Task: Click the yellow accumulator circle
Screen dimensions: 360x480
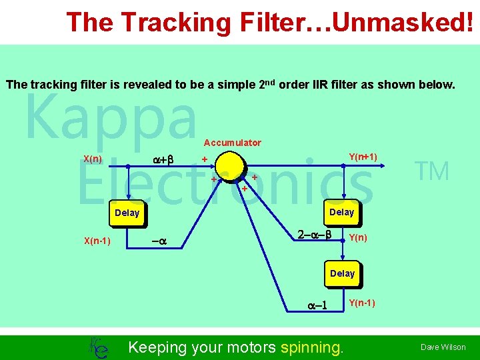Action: coord(226,167)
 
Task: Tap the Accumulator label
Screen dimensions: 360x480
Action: coord(233,143)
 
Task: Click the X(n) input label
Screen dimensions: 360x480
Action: coord(93,159)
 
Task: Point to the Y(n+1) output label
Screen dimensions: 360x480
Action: coord(363,157)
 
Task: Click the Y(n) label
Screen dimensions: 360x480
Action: coord(358,238)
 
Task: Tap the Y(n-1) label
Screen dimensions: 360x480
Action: coord(362,303)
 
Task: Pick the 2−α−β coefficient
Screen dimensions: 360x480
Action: coord(315,235)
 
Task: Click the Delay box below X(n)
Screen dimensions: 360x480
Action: coord(127,213)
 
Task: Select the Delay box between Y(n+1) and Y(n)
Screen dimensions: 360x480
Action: coord(342,212)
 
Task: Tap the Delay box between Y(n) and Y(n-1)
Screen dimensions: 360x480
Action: coord(342,273)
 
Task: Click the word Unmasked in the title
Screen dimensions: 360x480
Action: coord(399,22)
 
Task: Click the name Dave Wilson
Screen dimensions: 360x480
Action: coord(443,347)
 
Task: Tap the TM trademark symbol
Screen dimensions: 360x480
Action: coord(433,172)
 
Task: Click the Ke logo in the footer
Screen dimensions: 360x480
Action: coord(99,347)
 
